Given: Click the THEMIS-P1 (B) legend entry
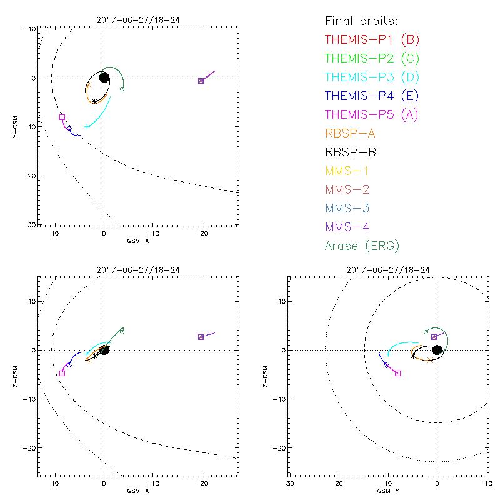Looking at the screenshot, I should point(372,40).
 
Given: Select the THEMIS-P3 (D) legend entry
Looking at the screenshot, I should point(372,77).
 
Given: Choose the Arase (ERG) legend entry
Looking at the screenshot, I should point(362,246).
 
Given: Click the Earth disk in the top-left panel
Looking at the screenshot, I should point(104,77).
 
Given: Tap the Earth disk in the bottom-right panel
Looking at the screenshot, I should point(437,350).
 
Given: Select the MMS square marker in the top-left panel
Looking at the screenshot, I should point(201,81).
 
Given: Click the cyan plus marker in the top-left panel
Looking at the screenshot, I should point(87,127).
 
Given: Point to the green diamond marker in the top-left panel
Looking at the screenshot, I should point(122,89).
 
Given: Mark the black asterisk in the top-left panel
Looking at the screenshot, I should point(94,101).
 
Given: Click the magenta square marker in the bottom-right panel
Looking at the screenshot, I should point(398,373).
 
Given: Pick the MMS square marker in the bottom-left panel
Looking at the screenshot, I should point(201,337).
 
